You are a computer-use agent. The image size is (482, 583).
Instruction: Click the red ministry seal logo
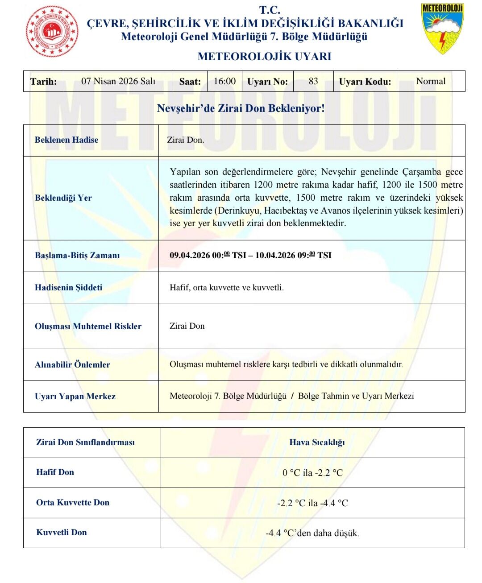tap(52, 32)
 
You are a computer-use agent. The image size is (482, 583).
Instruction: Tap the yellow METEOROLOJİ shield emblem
tap(442, 28)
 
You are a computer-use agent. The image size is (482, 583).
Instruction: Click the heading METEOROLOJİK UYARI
tap(264, 57)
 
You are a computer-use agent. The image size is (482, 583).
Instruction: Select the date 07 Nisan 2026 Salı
tap(118, 81)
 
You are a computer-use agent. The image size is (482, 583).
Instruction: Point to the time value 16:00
tap(224, 81)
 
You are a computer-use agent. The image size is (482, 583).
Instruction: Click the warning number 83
tap(313, 81)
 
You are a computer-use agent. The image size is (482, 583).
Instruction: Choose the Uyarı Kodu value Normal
tap(431, 81)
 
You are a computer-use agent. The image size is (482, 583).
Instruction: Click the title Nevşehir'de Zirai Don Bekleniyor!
tap(241, 108)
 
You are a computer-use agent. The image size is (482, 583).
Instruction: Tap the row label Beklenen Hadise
tap(66, 140)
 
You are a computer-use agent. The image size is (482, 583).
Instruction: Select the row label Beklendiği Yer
tap(63, 198)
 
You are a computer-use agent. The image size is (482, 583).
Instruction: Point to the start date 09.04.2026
tap(190, 256)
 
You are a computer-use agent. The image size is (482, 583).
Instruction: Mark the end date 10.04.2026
tap(275, 256)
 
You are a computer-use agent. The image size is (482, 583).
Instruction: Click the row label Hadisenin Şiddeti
tap(68, 288)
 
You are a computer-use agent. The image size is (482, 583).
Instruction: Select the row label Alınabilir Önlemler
tap(72, 364)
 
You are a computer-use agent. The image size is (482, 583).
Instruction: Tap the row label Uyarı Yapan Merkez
tap(75, 397)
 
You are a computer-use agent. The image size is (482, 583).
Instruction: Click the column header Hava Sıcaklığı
tap(317, 442)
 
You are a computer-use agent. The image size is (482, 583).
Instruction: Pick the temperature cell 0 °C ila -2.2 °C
tap(312, 473)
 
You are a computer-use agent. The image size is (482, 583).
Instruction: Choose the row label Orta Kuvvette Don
tap(73, 503)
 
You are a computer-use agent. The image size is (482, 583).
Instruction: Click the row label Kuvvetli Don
tap(62, 533)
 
